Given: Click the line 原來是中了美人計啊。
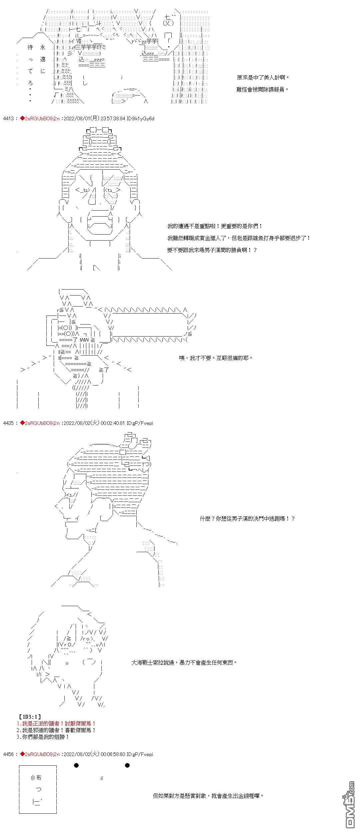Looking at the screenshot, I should [263, 78].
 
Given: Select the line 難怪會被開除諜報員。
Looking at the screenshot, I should [262, 90].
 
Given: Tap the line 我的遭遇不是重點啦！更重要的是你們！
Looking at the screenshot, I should [215, 226].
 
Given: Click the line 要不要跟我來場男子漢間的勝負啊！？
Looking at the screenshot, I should [212, 250].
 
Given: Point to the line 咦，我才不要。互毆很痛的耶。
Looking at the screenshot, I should [216, 358].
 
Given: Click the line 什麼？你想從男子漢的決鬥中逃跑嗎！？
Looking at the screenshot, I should [247, 519].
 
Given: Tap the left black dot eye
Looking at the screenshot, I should [76, 765].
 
